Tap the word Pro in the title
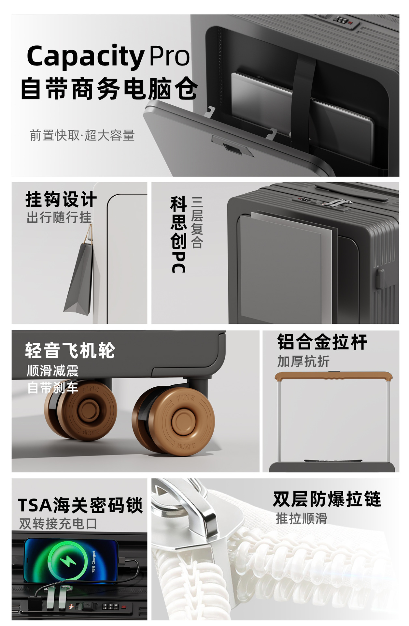tap(169, 56)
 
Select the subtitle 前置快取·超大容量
tap(82, 135)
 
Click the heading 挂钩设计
tap(61, 199)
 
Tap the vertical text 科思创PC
tap(178, 234)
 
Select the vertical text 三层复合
tap(197, 222)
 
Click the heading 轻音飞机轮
tap(70, 350)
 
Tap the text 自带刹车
tap(52, 388)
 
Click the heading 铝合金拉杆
tap(322, 342)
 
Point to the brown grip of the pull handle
tap(333, 376)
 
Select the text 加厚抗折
tap(303, 362)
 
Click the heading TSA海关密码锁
tap(80, 505)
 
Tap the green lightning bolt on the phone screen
tap(68, 560)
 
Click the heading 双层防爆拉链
tap(327, 499)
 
